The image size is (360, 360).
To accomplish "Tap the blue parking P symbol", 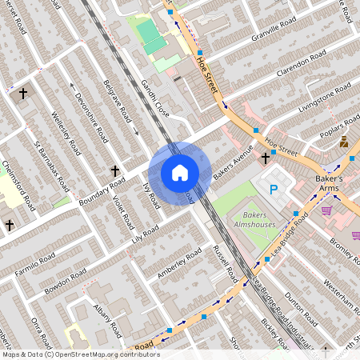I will [x=274, y=190].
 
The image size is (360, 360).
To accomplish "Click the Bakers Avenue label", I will [x=233, y=161].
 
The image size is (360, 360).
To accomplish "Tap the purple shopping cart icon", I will [x=326, y=210].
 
